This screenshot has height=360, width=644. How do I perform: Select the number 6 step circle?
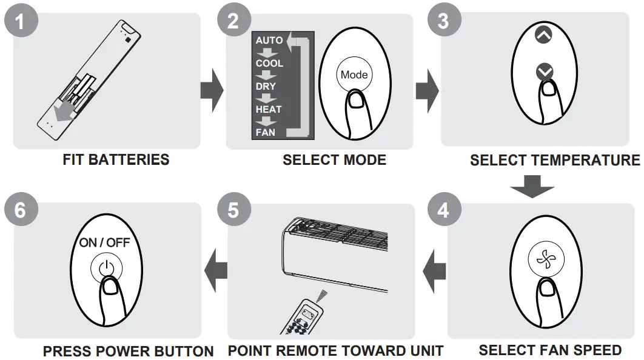point(20,210)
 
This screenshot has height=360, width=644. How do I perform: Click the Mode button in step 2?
point(354,75)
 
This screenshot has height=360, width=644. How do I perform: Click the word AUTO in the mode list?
point(269,41)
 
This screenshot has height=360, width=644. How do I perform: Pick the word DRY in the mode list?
point(266,86)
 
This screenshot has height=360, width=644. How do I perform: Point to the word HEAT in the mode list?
point(269,109)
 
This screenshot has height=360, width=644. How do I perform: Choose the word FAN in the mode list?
point(265,132)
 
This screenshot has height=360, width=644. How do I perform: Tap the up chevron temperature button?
point(545,35)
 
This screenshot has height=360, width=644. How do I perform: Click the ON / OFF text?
point(105,242)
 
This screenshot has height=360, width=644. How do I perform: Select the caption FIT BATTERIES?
point(116,160)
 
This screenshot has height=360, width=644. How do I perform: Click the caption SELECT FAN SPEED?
point(550,350)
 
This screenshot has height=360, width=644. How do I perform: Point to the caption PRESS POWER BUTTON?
point(128,352)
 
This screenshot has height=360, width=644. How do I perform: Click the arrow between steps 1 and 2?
point(212,91)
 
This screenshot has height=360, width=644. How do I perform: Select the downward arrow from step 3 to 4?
point(532,185)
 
